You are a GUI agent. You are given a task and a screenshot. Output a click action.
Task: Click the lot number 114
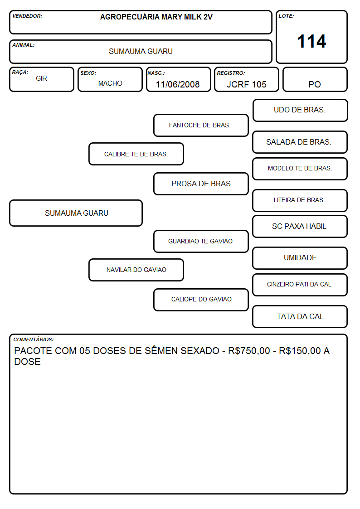coord(311,42)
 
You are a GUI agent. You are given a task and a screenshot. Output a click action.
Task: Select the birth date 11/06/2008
coord(178,84)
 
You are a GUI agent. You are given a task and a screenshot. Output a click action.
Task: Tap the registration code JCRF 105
coord(246,84)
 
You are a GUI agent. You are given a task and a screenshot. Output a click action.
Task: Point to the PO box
coord(315,79)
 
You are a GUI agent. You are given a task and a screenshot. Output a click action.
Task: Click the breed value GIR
coord(42,78)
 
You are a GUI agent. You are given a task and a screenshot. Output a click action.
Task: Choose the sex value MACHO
coord(110,83)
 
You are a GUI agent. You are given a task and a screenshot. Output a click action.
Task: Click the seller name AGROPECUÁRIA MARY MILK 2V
coord(156,17)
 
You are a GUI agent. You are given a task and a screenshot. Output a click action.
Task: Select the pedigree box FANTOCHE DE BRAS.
coord(201,125)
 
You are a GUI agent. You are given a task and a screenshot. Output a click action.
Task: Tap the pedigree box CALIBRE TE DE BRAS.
coord(136,154)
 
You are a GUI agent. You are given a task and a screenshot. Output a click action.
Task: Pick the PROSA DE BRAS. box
coord(201,184)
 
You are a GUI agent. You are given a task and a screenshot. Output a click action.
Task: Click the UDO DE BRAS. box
coord(300,111)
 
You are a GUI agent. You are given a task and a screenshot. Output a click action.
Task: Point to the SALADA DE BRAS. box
coord(300,142)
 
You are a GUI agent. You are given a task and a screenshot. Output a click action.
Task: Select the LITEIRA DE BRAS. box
coord(300,200)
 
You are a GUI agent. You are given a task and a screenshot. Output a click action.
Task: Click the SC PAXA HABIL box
coord(300,226)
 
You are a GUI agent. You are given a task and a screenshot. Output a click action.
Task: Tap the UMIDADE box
coord(300,258)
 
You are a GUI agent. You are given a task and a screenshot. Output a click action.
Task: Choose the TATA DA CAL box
coord(300,316)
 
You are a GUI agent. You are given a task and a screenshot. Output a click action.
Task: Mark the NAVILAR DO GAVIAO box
coord(136,270)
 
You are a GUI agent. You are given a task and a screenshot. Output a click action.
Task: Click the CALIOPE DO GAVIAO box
coord(201,300)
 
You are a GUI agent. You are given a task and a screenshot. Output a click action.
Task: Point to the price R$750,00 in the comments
coord(249,351)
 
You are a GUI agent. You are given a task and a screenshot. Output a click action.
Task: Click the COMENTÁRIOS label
coord(34,339)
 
